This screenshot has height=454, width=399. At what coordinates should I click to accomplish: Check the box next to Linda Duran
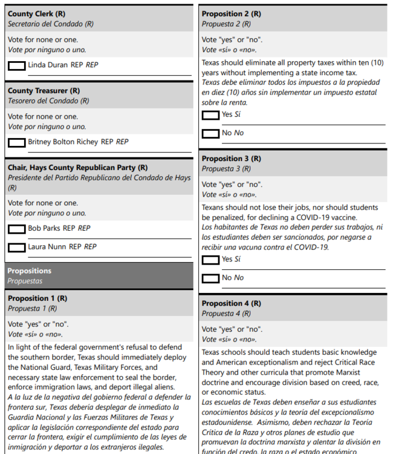pyautogui.click(x=17, y=65)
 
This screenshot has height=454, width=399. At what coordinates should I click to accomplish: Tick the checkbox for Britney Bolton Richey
pyautogui.click(x=17, y=143)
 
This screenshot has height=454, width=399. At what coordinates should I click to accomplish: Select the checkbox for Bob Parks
pyautogui.click(x=17, y=229)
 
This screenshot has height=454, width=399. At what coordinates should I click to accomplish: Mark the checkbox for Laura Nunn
pyautogui.click(x=17, y=247)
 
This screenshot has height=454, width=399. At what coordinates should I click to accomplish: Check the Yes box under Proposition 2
pyautogui.click(x=210, y=115)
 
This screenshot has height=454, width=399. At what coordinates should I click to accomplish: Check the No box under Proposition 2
pyautogui.click(x=210, y=133)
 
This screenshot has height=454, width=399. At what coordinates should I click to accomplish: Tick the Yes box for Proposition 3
pyautogui.click(x=210, y=260)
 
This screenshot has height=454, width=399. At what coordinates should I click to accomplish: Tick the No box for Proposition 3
pyautogui.click(x=210, y=278)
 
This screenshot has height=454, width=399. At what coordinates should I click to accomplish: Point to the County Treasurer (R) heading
pyautogui.click(x=44, y=91)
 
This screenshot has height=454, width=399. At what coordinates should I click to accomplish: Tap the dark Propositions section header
pyautogui.click(x=30, y=271)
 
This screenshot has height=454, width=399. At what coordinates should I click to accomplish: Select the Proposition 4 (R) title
pyautogui.click(x=232, y=303)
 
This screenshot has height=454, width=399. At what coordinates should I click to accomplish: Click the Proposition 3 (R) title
pyautogui.click(x=232, y=159)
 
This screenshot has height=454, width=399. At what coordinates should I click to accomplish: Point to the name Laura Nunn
pyautogui.click(x=47, y=247)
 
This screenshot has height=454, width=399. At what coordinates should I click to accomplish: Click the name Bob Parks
pyautogui.click(x=44, y=229)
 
